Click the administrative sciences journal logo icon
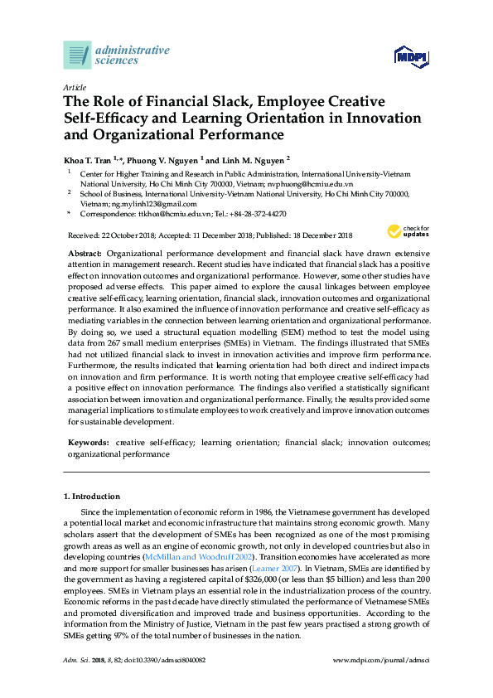77,55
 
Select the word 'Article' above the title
73,87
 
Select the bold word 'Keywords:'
87,444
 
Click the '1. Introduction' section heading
91,496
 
